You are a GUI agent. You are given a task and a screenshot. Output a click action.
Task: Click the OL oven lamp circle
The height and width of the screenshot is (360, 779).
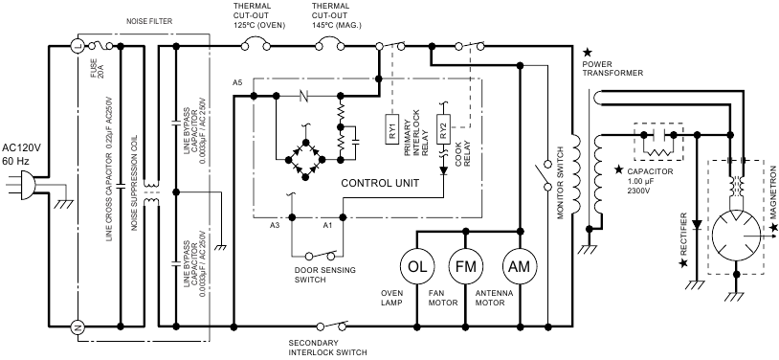click(417, 265)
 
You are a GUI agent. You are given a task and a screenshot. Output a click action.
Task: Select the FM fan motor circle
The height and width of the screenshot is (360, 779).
click(466, 265)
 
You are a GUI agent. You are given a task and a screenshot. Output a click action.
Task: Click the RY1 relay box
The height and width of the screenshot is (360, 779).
click(394, 132)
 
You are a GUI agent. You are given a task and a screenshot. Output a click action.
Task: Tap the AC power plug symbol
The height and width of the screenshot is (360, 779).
click(23, 188)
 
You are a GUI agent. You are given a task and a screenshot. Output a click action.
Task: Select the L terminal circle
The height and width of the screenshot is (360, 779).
click(77, 45)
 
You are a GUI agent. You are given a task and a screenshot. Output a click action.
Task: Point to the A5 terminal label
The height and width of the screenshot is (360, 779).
click(237, 83)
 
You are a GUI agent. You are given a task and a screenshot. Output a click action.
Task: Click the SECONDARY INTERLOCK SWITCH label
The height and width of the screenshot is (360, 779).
click(327, 347)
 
